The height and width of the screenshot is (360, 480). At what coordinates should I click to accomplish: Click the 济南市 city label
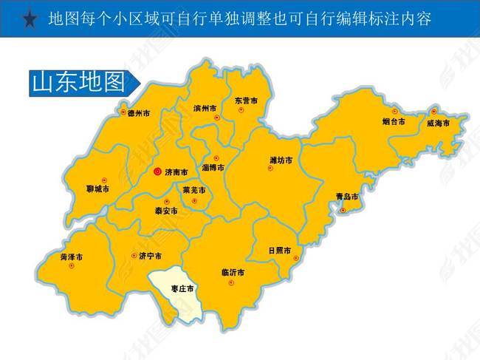pos(176,172)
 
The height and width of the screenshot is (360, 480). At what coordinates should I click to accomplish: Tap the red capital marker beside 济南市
pos(157,171)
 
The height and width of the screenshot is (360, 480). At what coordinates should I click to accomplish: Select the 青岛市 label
pos(346,197)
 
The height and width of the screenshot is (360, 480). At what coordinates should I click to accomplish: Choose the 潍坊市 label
pos(281,160)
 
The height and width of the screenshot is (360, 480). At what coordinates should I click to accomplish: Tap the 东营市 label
pos(246,101)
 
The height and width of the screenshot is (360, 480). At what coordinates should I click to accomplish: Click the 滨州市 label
pos(205,108)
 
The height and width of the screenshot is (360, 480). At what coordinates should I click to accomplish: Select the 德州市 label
pos(139,114)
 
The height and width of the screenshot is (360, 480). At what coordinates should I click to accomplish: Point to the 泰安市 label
pos(166,211)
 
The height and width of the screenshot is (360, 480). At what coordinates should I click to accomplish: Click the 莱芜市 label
pos(193,190)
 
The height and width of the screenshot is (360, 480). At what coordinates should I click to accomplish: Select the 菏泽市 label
pos(72,257)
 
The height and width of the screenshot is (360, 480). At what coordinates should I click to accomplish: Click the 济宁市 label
pos(150,257)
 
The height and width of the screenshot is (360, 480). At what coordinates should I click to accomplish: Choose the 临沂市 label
pos(233,271)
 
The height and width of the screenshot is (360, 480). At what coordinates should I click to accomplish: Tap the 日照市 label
pos(280,250)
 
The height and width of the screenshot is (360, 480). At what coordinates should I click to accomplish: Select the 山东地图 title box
pos(76,82)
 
